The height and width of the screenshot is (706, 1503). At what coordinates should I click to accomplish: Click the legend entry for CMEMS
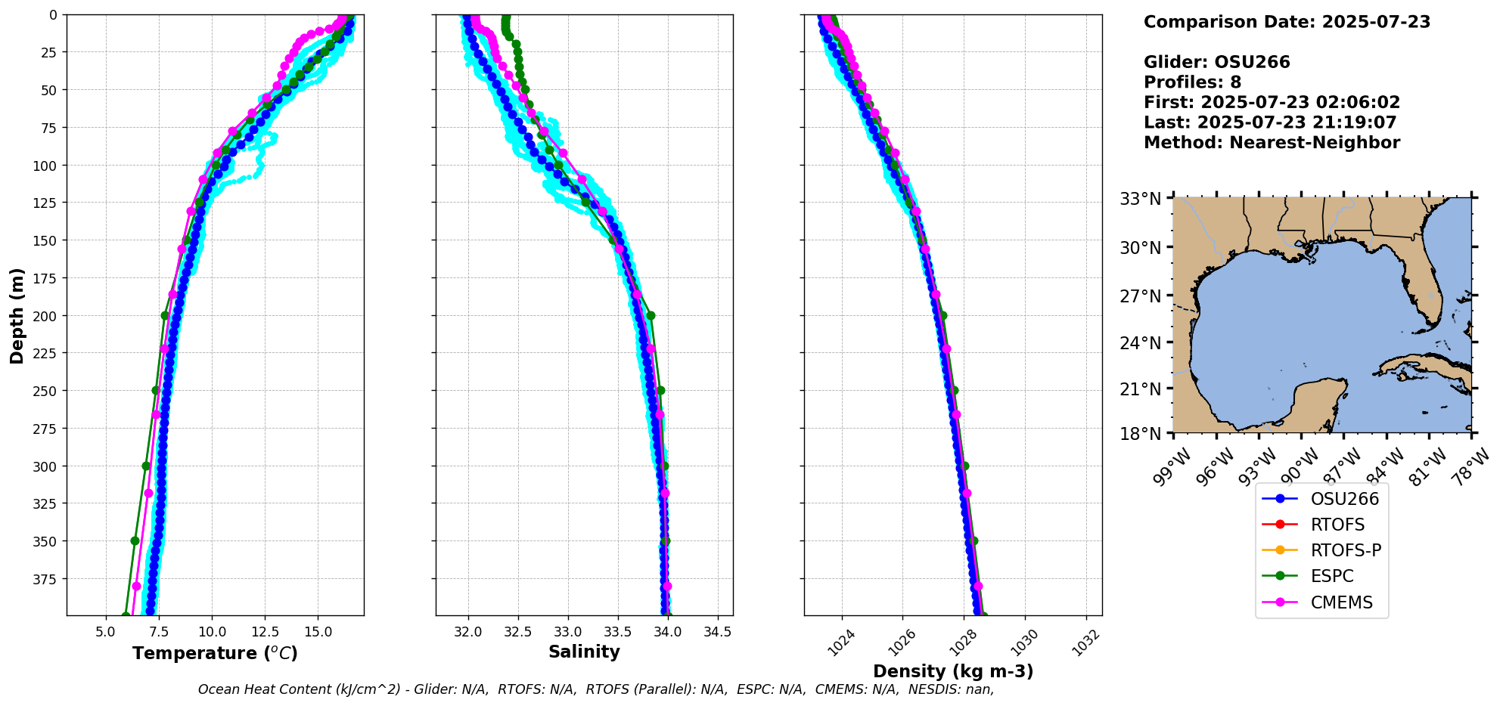click(x=1341, y=602)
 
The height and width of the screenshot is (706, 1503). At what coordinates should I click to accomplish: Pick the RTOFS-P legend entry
click(x=1345, y=550)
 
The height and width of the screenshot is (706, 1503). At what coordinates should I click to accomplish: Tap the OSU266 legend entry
click(x=1344, y=499)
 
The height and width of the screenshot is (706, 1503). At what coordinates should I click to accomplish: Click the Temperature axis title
click(x=215, y=653)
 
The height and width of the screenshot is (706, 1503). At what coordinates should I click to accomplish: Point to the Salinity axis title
click(x=584, y=652)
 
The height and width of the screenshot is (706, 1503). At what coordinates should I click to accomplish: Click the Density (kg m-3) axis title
click(x=953, y=671)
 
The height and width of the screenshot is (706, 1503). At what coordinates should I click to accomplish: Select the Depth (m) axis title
click(x=17, y=315)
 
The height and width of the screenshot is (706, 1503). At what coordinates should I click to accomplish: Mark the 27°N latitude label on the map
click(x=1140, y=296)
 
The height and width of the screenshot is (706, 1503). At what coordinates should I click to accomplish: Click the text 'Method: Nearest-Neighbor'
click(x=1272, y=142)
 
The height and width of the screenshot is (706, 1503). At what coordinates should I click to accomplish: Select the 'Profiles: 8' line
click(x=1192, y=82)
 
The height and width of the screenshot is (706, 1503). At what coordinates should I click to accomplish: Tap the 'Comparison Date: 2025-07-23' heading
click(x=1287, y=22)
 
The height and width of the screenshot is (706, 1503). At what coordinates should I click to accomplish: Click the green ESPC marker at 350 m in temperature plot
click(x=135, y=540)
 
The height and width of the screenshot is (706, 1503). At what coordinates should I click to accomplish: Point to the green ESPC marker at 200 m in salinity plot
click(x=651, y=315)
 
